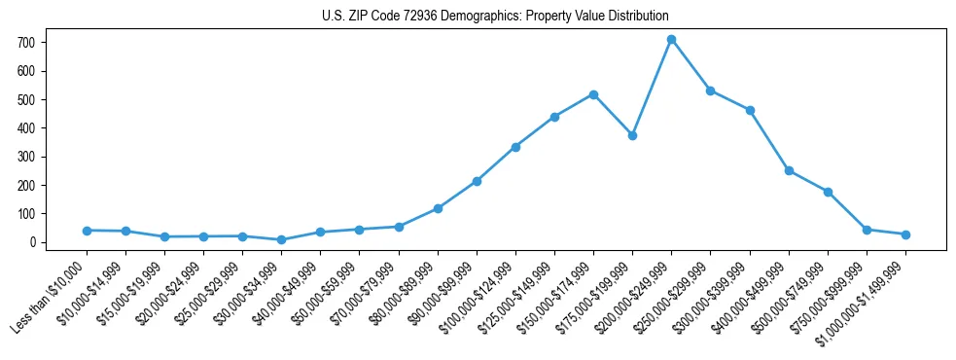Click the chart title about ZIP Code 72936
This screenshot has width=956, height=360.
point(495,16)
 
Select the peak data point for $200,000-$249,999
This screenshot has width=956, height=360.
point(671,40)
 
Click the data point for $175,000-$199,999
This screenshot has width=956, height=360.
point(632,135)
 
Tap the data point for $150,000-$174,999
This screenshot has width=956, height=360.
point(593,94)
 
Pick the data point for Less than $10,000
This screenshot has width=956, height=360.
point(87,231)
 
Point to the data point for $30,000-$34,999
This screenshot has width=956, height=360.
point(281,239)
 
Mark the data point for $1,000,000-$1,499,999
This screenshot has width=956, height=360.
point(905,234)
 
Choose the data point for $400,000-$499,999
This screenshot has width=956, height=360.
point(789,170)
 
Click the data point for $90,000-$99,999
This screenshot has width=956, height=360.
point(477,181)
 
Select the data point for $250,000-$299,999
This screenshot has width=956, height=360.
point(711,90)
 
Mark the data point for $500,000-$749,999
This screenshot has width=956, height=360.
point(828,192)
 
